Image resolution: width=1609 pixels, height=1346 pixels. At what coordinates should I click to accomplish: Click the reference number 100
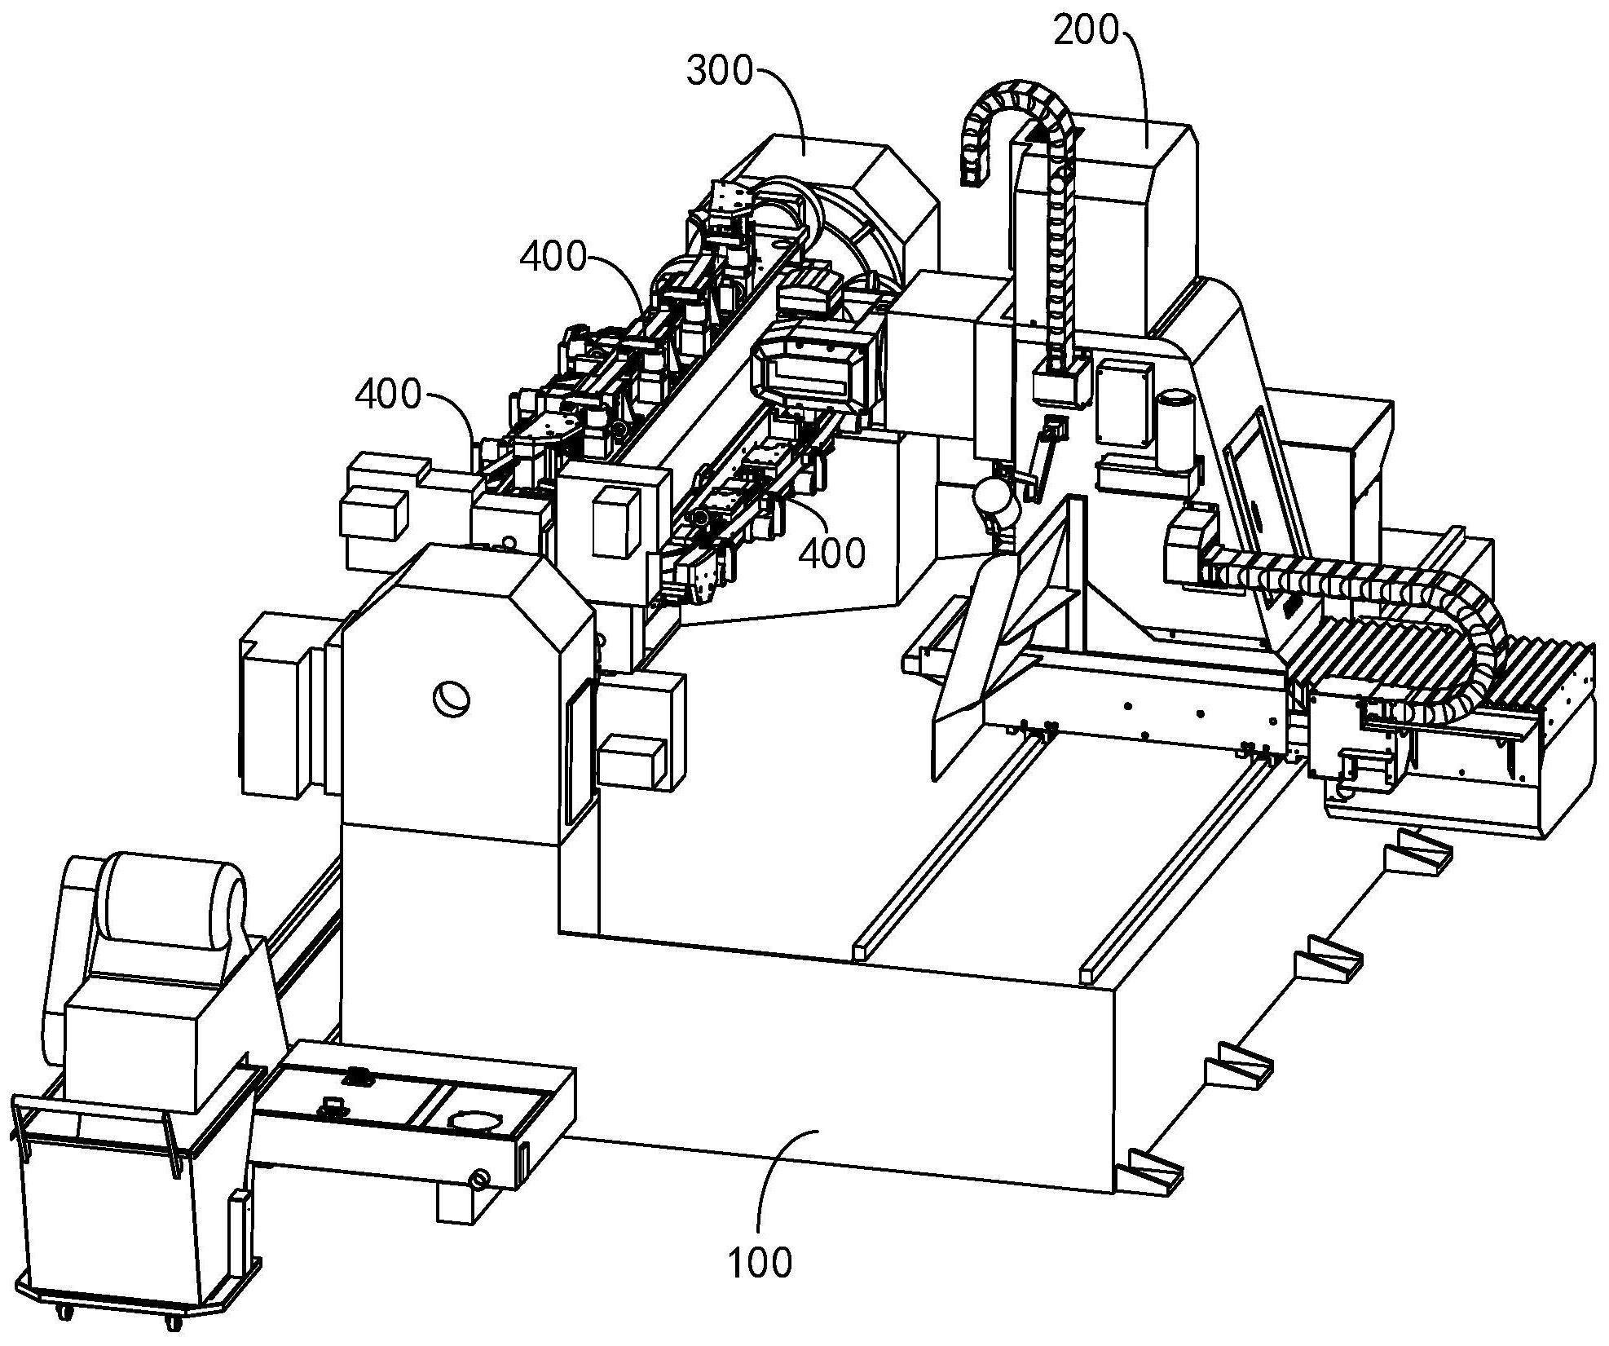tap(760, 1262)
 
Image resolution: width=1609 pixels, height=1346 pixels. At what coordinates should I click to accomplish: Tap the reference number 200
tap(1086, 31)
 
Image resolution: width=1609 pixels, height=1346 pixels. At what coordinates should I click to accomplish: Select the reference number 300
tap(720, 72)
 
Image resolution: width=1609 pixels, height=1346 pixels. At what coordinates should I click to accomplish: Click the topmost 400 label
tap(553, 258)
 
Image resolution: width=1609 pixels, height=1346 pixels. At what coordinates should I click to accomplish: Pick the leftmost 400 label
tap(387, 395)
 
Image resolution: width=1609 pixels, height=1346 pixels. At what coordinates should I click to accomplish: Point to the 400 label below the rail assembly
tap(831, 554)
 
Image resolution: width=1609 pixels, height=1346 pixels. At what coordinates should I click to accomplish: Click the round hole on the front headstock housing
tap(450, 698)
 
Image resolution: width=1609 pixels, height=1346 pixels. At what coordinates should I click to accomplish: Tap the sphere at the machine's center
tap(996, 497)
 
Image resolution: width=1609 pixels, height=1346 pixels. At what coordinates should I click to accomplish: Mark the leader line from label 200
tap(1140, 82)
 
